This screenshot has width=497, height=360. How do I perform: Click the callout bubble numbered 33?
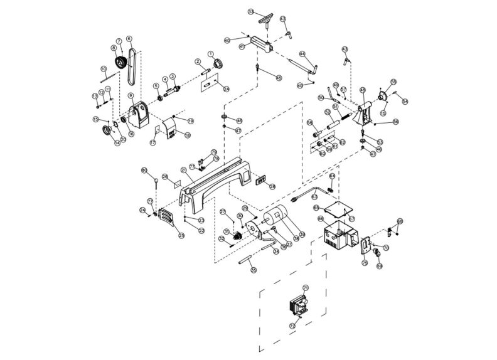(x=251, y=12)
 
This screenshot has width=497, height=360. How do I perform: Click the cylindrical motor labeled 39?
(x=274, y=220)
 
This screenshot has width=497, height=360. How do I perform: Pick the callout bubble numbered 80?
(x=144, y=171)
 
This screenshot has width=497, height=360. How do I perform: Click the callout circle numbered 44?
(x=302, y=54)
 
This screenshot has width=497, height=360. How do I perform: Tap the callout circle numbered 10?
(x=104, y=69)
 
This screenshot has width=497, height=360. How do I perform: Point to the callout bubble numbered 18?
(x=186, y=134)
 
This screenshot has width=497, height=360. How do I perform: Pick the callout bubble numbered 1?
(x=211, y=55)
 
